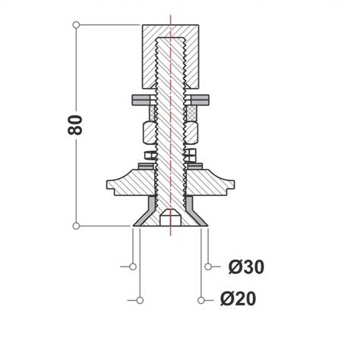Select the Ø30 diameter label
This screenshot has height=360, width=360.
click(246, 267)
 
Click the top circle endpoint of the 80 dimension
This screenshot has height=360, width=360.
click(76, 26)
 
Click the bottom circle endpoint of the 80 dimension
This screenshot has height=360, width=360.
click(76, 226)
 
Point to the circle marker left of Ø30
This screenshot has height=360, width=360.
click(210, 267)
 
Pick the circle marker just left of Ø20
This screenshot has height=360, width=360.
click(201, 298)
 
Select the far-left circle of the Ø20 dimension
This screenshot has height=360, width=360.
click(141, 298)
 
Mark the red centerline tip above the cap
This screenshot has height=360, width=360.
click(172, 15)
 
